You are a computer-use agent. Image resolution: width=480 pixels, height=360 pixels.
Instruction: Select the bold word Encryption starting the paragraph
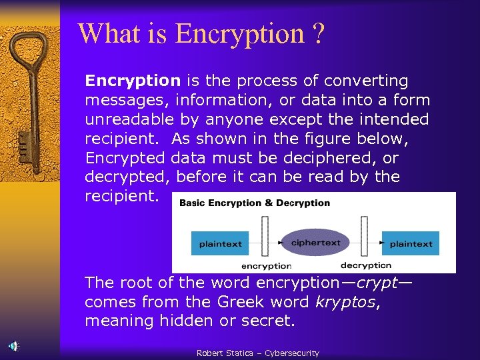tap(133, 81)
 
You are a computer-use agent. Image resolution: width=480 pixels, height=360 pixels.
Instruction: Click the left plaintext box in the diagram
tap(221, 243)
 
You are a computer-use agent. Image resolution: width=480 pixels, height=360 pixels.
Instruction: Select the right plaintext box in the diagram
tap(411, 243)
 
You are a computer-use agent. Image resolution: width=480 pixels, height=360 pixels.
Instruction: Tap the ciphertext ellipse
tap(315, 242)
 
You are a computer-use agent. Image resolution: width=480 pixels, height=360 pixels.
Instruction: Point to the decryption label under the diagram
tap(365, 265)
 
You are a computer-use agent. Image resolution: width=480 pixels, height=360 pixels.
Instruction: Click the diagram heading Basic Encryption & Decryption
tap(254, 203)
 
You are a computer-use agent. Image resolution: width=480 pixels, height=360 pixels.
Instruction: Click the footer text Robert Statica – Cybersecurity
tap(257, 353)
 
